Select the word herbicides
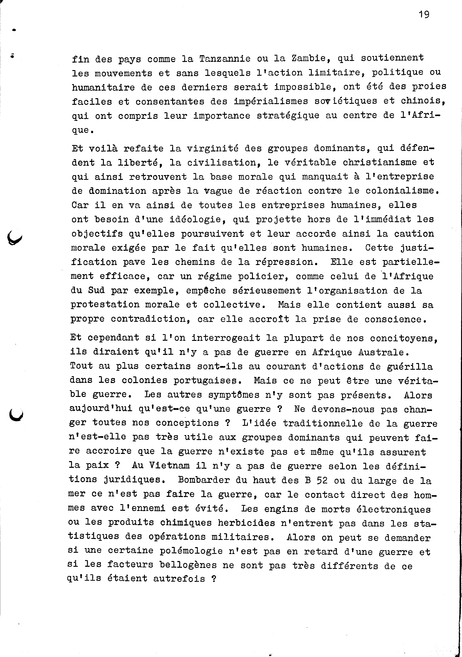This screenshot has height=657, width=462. [246, 523]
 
